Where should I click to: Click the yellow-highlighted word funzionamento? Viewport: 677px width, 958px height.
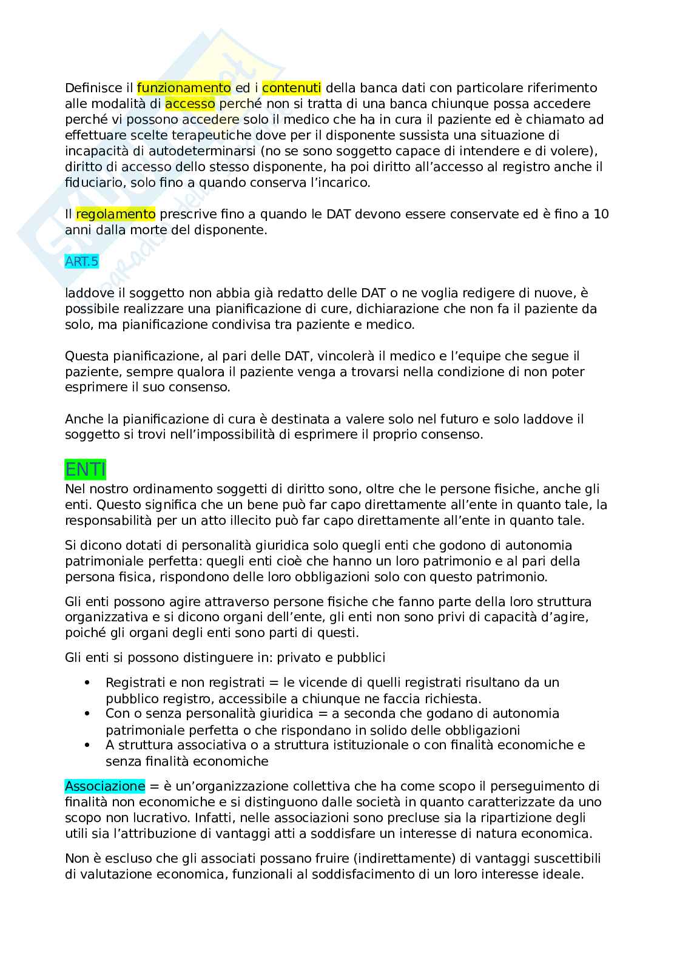pos(184,88)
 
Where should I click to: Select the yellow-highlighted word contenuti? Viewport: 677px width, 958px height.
pos(291,88)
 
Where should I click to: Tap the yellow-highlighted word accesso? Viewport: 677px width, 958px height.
pos(190,104)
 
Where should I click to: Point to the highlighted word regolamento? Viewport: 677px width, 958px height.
pos(116,214)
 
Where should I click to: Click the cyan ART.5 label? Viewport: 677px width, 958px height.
pos(81,261)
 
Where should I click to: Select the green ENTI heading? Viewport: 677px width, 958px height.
pos(86,470)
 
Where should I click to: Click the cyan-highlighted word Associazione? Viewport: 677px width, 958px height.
pos(105,786)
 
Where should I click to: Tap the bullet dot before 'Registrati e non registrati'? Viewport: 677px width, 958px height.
pos(88,683)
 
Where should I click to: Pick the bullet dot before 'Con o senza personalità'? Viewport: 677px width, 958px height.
pos(88,714)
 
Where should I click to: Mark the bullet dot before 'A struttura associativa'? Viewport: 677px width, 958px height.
pos(88,745)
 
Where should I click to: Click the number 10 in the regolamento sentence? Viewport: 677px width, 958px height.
pos(601,214)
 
